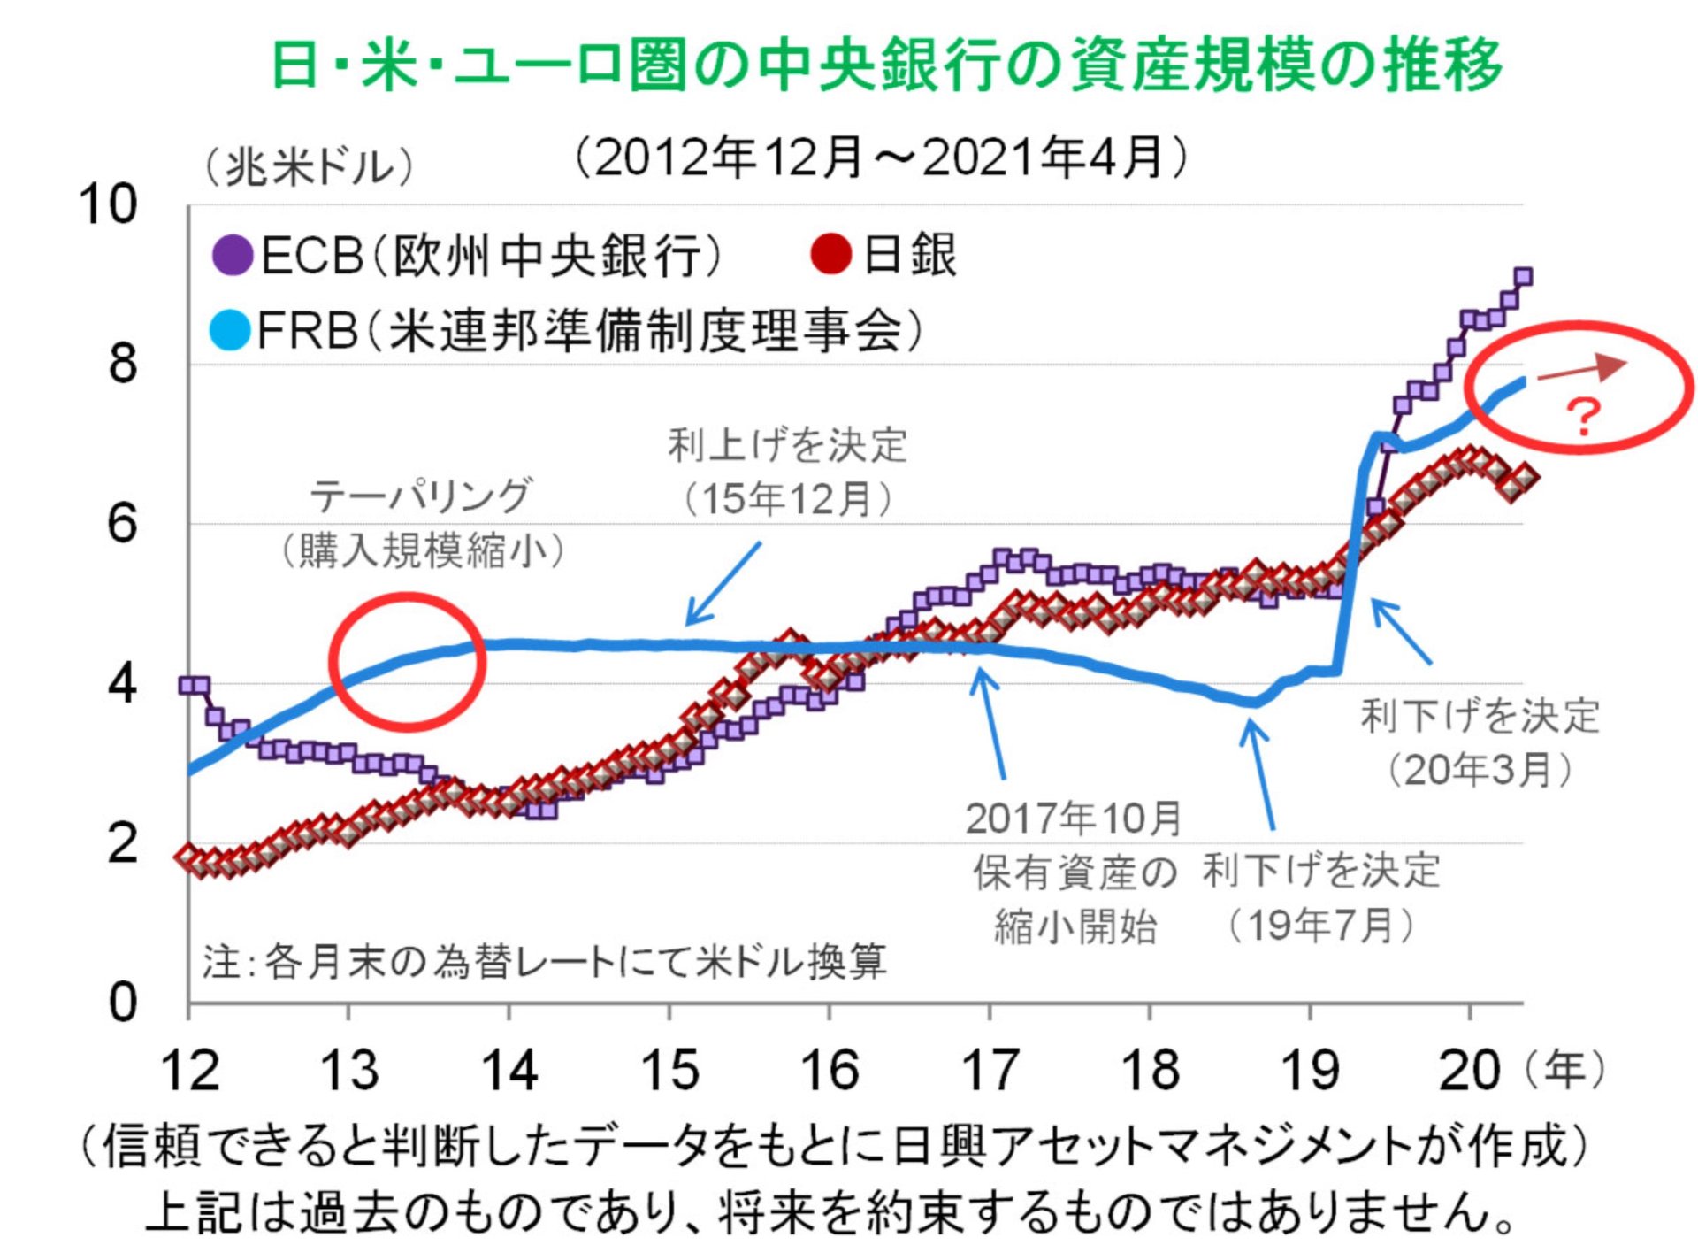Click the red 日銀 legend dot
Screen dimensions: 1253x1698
(831, 253)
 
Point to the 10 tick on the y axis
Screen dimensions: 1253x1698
(108, 204)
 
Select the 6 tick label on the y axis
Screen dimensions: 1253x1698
(122, 523)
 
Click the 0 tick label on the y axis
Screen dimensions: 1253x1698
(122, 1003)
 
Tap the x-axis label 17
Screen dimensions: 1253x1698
(990, 1070)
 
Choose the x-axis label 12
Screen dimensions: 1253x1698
(189, 1070)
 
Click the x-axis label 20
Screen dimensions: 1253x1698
(1469, 1070)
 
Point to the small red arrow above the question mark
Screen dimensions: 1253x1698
(1583, 369)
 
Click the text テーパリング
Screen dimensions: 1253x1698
(421, 496)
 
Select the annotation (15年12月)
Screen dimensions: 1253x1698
(788, 499)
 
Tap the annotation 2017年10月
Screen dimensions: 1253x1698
(1074, 819)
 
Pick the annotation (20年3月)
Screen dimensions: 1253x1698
(1480, 770)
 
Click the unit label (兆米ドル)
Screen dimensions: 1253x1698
(310, 166)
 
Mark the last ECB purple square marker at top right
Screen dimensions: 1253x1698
(1523, 277)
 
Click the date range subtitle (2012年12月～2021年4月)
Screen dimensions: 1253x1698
(881, 158)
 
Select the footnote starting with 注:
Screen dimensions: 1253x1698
(544, 961)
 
